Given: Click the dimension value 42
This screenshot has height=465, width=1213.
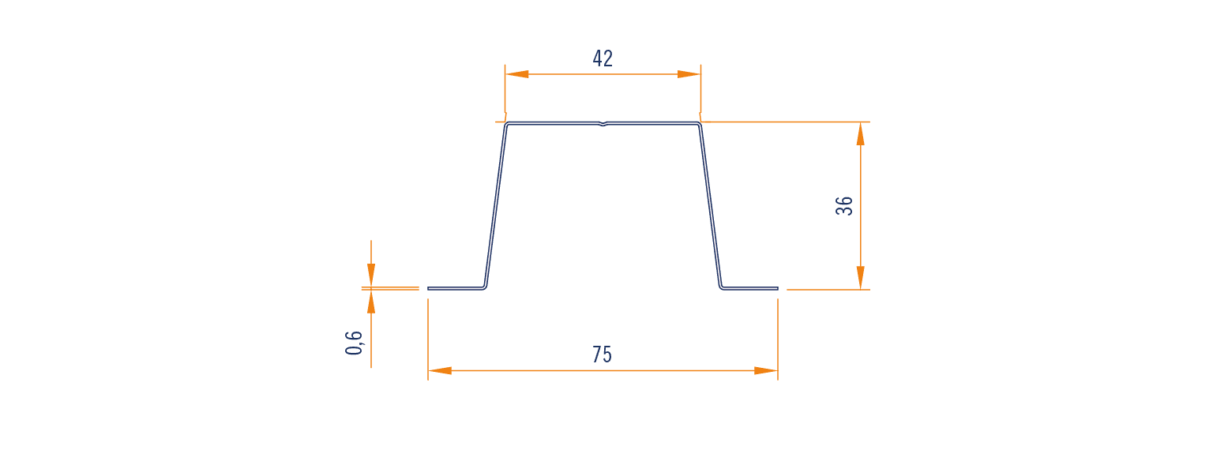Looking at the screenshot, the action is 603,58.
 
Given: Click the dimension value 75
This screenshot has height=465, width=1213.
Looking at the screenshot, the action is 602,354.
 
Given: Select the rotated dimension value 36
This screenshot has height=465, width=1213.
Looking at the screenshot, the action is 844,206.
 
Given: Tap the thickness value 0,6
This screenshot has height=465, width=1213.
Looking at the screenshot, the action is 354,343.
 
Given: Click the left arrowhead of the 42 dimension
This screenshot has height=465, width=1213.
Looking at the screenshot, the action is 516,74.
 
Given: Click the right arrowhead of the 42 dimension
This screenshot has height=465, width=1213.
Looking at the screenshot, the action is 689,74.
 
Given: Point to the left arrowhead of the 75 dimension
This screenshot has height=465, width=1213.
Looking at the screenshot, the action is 440,371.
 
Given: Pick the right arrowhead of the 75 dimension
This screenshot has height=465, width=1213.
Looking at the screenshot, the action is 766,371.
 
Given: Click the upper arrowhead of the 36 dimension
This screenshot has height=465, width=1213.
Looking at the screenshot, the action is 861,133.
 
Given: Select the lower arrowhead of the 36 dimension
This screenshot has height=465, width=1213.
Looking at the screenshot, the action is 861,278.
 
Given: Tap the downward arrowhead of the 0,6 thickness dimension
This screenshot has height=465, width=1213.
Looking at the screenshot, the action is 371,275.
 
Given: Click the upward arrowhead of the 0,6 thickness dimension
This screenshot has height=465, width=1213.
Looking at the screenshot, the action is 371,302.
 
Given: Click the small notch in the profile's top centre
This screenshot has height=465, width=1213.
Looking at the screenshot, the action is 603,124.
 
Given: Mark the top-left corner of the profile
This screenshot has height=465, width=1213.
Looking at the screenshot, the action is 506,124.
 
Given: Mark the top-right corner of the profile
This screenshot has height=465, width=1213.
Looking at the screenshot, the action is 700,124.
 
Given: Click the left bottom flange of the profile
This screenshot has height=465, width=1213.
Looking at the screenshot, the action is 456,288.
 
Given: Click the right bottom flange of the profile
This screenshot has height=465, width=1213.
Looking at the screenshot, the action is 750,288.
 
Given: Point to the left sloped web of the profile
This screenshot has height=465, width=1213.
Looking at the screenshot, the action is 495,206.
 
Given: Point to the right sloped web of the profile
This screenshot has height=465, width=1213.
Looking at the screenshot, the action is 711,206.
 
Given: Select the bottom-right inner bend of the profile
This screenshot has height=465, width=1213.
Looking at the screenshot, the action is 721,287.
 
